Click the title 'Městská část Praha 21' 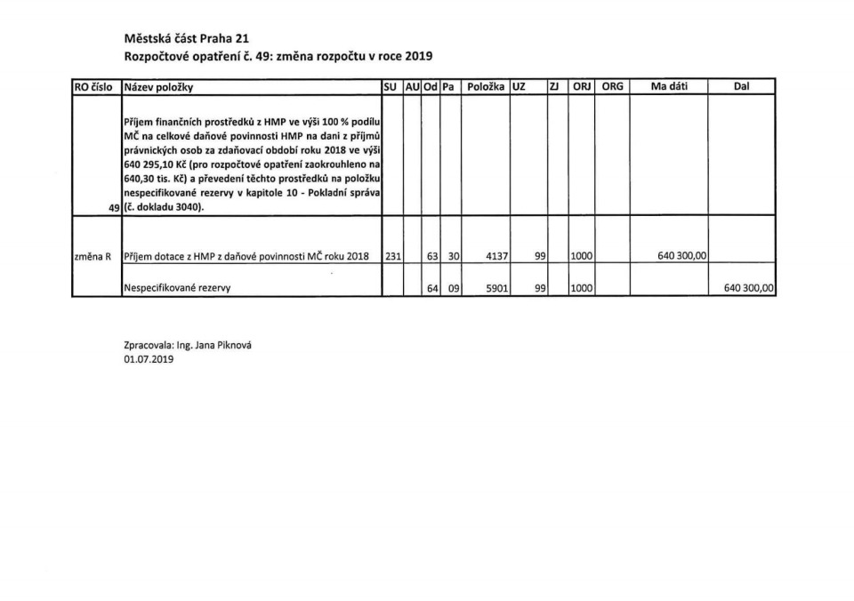[x=186, y=38]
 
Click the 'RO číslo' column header [x=95, y=87]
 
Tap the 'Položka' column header [x=486, y=87]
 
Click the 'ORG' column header [x=613, y=87]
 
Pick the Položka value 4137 [x=495, y=256]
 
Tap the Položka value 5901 [x=495, y=288]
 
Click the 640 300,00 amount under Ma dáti [x=682, y=256]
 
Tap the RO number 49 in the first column [x=111, y=208]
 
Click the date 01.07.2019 [x=149, y=360]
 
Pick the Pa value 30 [x=453, y=256]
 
